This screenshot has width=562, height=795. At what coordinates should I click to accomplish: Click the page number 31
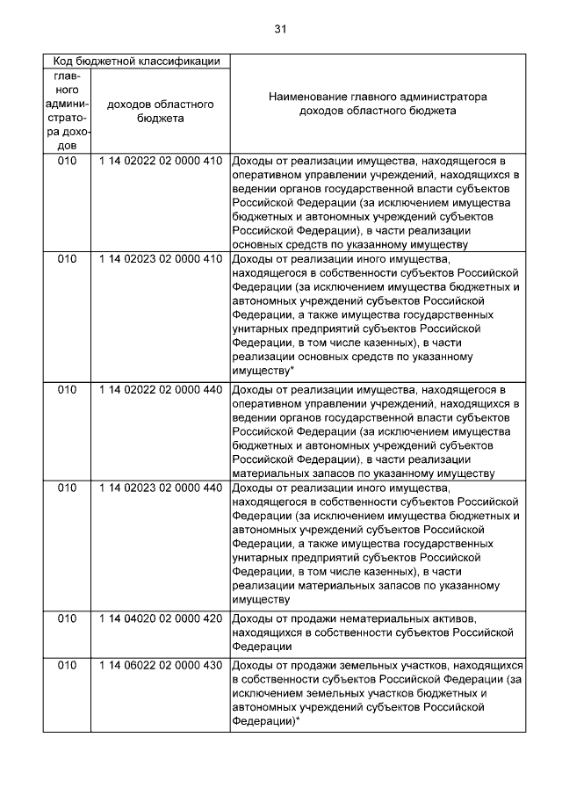point(280,29)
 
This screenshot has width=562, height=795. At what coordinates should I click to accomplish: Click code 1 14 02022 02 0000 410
point(160,161)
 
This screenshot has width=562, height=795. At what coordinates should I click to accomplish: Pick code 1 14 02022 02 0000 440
point(160,389)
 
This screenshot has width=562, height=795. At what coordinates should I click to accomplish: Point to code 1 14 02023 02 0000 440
point(160,488)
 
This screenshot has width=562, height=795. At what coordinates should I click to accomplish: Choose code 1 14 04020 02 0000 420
point(160,618)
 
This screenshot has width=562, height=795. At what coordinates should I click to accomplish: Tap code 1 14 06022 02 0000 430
point(160,667)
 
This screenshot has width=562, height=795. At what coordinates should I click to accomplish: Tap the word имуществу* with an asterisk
point(263,372)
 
